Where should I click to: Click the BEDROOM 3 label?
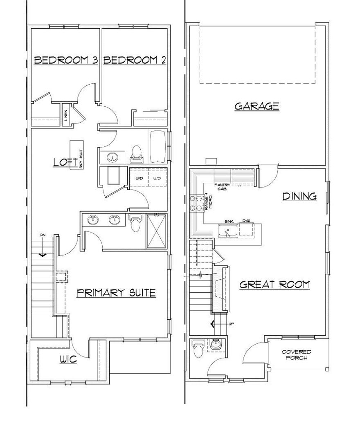pyautogui.click(x=65, y=61)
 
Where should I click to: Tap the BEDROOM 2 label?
pyautogui.click(x=135, y=61)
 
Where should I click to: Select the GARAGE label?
pyautogui.click(x=256, y=106)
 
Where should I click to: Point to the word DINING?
pyautogui.click(x=300, y=196)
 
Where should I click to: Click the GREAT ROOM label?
pyautogui.click(x=274, y=284)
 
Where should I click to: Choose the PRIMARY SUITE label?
pyautogui.click(x=116, y=292)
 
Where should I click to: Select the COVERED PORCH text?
pyautogui.click(x=297, y=355)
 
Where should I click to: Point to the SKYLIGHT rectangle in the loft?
pyautogui.click(x=76, y=155)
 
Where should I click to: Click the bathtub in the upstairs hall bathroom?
pyautogui.click(x=157, y=147)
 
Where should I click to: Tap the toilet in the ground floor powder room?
pyautogui.click(x=198, y=349)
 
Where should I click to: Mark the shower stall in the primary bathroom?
pyautogui.click(x=156, y=231)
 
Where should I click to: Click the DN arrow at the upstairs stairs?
pyautogui.click(x=43, y=253)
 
